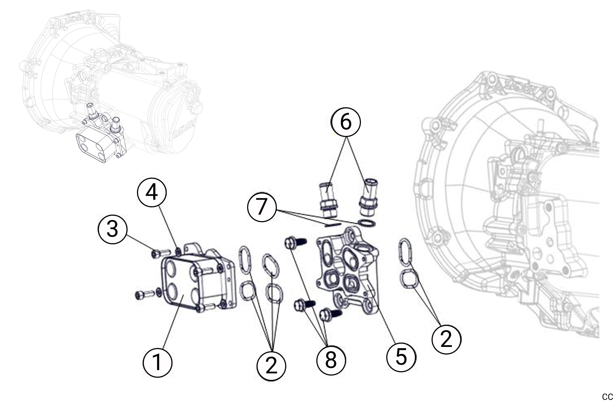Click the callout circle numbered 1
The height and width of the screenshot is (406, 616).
(157, 362)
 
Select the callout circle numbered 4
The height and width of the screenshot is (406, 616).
(152, 192)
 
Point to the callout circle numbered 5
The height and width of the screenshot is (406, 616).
(401, 356)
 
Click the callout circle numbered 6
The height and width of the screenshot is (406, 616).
(346, 122)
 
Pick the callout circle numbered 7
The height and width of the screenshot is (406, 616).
(262, 207)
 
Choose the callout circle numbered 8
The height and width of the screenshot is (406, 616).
(331, 360)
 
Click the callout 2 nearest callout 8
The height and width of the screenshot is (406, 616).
(271, 366)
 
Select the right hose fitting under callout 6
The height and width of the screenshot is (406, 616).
(368, 197)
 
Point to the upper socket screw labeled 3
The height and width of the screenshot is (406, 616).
(159, 253)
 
